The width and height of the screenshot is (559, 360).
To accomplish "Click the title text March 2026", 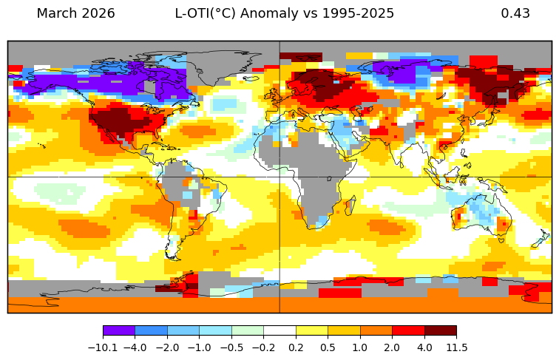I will tap(75, 14).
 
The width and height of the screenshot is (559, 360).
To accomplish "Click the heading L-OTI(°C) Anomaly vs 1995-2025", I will tap(284, 14).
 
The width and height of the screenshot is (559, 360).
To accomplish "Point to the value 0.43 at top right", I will tap(515, 14).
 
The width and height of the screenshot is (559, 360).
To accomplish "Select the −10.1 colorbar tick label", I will tap(104, 347).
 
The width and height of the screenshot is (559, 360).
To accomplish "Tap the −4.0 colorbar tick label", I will tap(135, 347).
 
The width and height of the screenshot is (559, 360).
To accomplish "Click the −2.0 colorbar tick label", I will tap(168, 347).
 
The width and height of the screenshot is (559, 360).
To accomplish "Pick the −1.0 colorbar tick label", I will tap(200, 347).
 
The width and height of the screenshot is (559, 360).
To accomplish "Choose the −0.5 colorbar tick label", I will tap(231, 347).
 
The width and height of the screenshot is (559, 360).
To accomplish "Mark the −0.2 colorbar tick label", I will tap(264, 347).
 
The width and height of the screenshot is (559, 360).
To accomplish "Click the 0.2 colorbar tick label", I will tap(296, 347).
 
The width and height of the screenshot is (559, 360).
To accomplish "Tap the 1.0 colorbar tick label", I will tap(360, 347).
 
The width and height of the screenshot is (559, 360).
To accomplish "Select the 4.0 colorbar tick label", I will tap(424, 347).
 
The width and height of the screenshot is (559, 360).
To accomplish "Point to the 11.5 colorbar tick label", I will tap(456, 347).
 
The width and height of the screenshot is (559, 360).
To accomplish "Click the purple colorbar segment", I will tap(119, 331).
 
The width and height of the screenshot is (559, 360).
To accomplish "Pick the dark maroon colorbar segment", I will tap(440, 331).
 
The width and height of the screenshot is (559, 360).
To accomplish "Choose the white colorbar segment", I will tap(279, 331).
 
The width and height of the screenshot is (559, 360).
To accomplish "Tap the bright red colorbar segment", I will tap(408, 331).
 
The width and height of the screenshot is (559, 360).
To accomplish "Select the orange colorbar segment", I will tap(376, 331).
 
